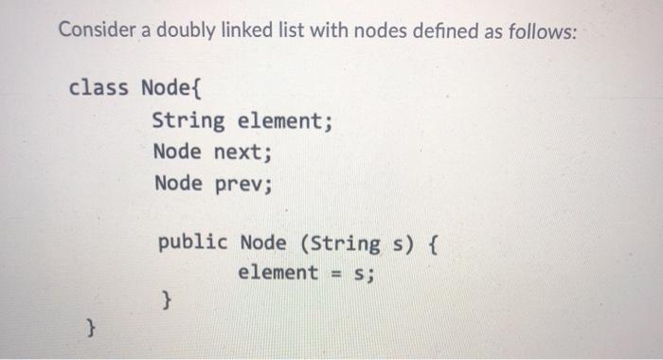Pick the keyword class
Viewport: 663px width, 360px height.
99,89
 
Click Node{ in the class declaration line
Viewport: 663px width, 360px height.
171,89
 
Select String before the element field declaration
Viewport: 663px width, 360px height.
188,121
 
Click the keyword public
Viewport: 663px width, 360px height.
193,242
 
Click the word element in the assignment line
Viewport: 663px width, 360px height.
278,273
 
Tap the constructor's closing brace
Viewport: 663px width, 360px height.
167,302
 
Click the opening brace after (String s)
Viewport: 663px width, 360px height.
432,242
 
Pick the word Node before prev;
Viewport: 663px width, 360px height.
177,182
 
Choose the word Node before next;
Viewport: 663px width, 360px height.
177,152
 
